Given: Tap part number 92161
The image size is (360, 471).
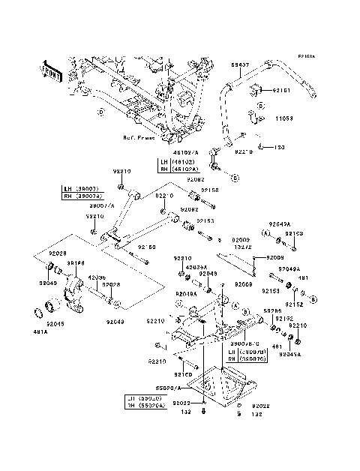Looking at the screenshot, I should coord(281,90).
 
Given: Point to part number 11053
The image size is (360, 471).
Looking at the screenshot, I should coord(281,118).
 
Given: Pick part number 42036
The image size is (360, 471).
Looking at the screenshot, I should coord(98,277).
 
